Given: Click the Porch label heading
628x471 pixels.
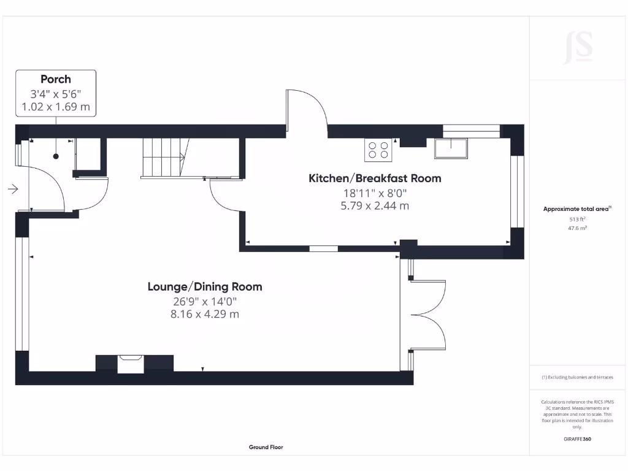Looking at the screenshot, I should point(56,79).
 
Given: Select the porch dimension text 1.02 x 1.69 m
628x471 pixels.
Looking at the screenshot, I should point(56,107).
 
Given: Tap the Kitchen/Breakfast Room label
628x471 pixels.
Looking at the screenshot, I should point(374,178).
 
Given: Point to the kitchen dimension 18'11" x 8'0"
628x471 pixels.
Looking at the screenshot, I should point(374,193).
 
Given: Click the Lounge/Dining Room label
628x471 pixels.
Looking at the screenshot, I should point(205,286).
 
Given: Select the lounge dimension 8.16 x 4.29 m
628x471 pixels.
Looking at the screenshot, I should point(205,315).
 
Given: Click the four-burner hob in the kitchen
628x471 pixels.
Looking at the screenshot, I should point(378,151).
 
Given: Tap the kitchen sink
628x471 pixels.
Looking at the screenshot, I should point(451,148).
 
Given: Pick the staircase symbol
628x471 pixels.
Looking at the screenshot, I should point(163,158).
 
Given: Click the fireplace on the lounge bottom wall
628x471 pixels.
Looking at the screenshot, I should point(130,363).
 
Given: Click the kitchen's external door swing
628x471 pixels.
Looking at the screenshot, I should point(307,110).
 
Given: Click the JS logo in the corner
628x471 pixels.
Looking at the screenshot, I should point(578,48).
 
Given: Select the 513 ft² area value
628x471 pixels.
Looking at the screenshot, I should point(577,218).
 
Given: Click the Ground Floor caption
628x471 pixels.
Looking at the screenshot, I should point(266,447).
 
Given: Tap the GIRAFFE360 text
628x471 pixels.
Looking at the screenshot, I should point(577,439).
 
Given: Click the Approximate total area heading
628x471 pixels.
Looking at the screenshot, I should point(576,209).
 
